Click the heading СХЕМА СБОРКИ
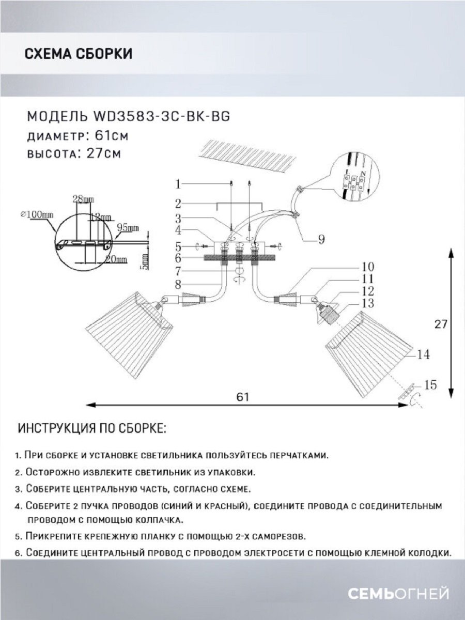pos(78,54)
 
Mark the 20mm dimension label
pos(116,258)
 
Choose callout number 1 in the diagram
pos(177,183)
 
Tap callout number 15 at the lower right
pos(430,384)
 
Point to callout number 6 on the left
pos(177,257)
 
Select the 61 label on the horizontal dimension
pos(243,397)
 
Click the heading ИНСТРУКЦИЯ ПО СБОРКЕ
pos(92,429)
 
